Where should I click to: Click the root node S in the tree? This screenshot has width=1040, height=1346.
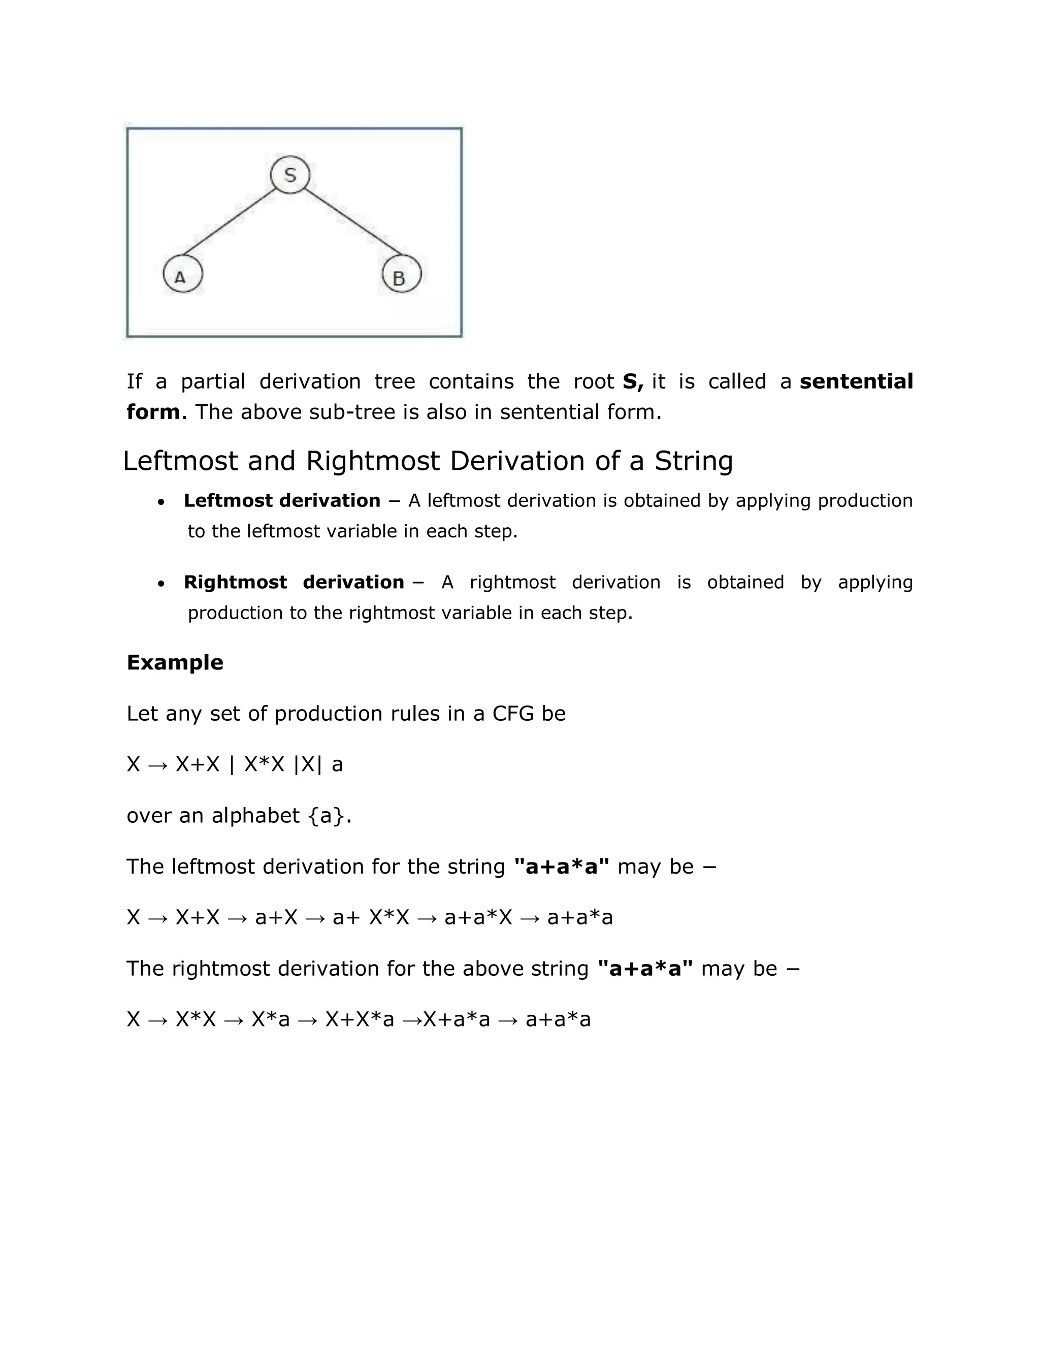click(289, 175)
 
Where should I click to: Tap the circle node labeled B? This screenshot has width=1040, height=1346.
click(401, 275)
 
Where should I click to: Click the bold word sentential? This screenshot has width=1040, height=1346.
click(856, 381)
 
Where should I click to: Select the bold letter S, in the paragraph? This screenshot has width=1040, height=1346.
click(633, 381)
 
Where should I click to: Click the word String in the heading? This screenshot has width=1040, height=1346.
click(693, 461)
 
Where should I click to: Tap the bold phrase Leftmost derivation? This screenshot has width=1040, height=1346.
click(281, 500)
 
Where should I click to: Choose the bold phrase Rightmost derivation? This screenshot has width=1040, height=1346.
click(294, 583)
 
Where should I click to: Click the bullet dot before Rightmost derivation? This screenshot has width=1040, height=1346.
click(161, 584)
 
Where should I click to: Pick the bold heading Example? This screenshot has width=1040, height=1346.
click(175, 662)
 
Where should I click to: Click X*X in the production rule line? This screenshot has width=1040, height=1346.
click(264, 765)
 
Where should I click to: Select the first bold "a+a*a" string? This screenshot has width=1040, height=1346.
click(561, 867)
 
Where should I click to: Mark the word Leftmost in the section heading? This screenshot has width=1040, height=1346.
click(180, 461)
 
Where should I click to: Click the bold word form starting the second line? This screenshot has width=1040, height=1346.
click(153, 412)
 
